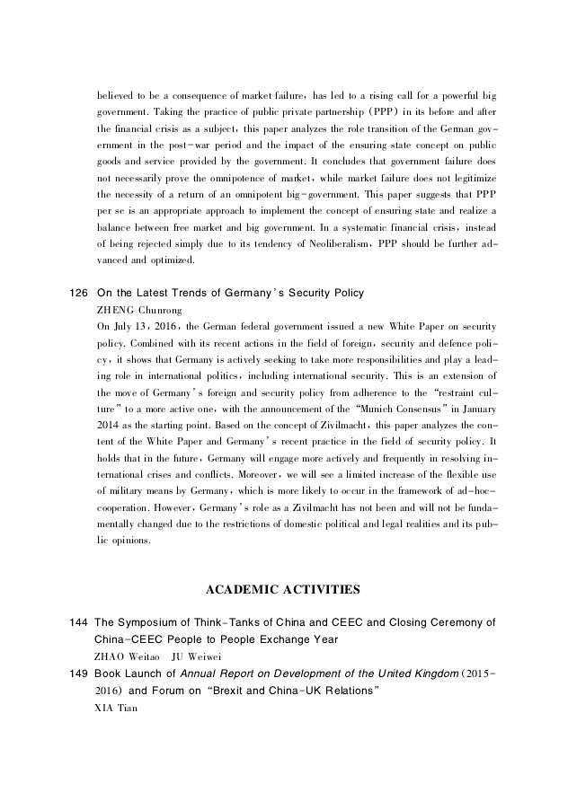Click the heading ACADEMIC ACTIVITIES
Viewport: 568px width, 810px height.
click(x=283, y=590)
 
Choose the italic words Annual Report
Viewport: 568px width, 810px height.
click(x=237, y=674)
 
